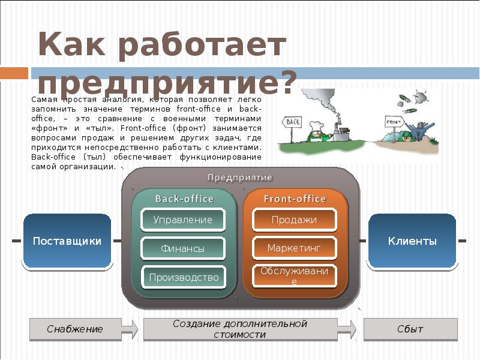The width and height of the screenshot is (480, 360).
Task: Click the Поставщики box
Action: [67, 241]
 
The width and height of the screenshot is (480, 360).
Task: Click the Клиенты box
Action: [412, 241]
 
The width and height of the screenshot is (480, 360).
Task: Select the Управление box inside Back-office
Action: [182, 220]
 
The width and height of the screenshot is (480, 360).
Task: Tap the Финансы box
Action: [182, 248]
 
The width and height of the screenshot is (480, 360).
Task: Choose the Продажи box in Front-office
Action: [294, 220]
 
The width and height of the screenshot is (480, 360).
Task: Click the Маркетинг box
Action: [294, 247]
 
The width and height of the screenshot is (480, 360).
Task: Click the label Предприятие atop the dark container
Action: [240, 178]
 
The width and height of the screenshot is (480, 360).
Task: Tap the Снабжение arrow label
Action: [75, 329]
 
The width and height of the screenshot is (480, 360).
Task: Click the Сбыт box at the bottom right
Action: [410, 329]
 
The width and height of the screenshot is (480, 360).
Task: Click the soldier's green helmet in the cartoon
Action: [410, 136]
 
